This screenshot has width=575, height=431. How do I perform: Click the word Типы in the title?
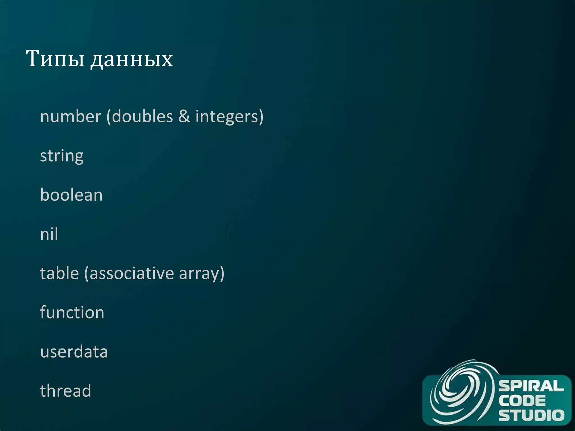click(55, 59)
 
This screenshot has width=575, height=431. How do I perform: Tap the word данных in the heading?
click(131, 60)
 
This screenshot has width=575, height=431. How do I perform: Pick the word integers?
click(227, 117)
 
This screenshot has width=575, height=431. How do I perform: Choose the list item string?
click(62, 156)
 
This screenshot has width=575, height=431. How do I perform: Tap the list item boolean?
click(71, 195)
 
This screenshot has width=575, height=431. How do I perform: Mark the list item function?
click(72, 312)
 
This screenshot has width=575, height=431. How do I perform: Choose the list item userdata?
click(74, 352)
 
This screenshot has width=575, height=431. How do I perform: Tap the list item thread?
click(66, 391)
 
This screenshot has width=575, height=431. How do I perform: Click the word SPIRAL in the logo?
click(531, 386)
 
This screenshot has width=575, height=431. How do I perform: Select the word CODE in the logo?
click(522, 400)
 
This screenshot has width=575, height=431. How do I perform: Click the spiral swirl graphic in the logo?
click(460, 393)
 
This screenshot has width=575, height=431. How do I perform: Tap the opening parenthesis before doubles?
click(109, 117)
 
